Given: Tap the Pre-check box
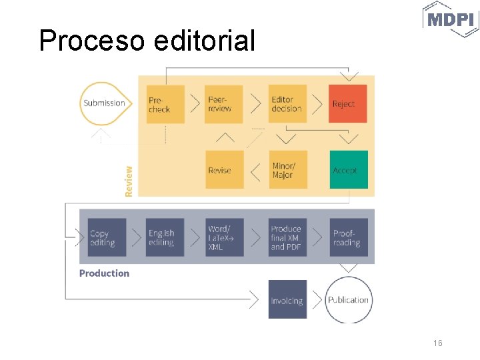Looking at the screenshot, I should click(165, 104).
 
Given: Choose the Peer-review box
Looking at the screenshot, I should click(224, 104).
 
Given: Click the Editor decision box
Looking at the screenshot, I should click(287, 104).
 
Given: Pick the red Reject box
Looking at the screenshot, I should click(348, 104).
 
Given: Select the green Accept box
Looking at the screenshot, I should click(348, 170).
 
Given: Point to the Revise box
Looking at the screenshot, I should click(224, 170).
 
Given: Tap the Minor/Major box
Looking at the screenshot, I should click(287, 170).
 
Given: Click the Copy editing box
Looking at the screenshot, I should click(103, 238).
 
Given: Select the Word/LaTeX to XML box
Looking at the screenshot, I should click(224, 238).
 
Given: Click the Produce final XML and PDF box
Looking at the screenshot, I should click(287, 238).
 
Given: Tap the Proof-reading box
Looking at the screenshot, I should click(348, 238).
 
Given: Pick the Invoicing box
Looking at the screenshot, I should click(287, 300).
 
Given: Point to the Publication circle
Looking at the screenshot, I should click(348, 300).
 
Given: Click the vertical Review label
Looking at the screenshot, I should click(129, 181).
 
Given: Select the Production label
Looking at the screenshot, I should click(104, 273).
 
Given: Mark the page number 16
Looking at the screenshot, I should click(437, 343).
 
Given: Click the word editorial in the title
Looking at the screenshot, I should click(204, 41).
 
